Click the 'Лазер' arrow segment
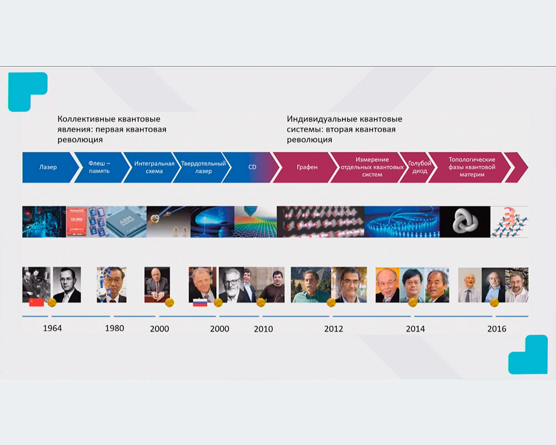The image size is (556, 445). [48, 167]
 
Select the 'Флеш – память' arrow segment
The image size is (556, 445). [100, 167]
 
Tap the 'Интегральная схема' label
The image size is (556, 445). [154, 167]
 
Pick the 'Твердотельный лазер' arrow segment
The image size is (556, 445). [203, 167]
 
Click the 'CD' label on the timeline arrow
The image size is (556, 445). [252, 167]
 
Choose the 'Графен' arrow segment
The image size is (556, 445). [307, 167]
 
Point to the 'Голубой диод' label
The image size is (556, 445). [419, 167]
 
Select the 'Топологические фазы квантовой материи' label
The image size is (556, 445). [471, 167]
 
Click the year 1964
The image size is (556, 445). [52, 328]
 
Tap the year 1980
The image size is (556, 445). [115, 328]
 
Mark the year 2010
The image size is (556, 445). [264, 329]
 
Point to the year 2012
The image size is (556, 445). [334, 329]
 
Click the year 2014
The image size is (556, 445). [415, 329]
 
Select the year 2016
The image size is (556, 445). [497, 329]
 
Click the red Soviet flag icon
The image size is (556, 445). [37, 303]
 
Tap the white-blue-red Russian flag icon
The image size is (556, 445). [200, 303]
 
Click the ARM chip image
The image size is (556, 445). [126, 222]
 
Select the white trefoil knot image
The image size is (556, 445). [465, 222]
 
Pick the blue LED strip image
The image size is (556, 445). [402, 222]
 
